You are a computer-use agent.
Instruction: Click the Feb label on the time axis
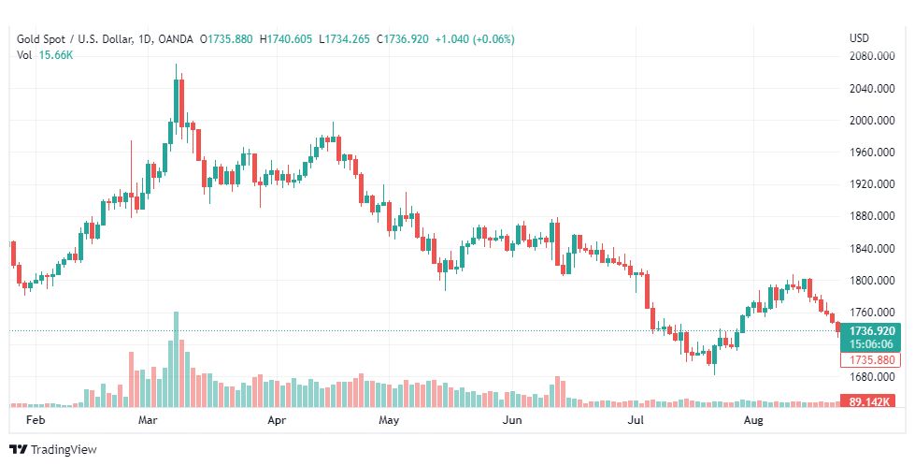(36, 421)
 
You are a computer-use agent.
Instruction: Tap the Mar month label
(149, 421)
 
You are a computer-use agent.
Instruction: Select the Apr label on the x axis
(276, 421)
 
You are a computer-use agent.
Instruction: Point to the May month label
(390, 421)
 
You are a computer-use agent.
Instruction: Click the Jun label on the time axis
(511, 421)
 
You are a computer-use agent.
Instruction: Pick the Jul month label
(635, 421)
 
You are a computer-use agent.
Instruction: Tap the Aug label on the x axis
(753, 421)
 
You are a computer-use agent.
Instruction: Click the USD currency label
(859, 38)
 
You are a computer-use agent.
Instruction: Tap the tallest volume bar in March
(175, 359)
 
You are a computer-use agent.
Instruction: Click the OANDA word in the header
(176, 39)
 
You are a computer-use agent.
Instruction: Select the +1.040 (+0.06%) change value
(477, 39)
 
